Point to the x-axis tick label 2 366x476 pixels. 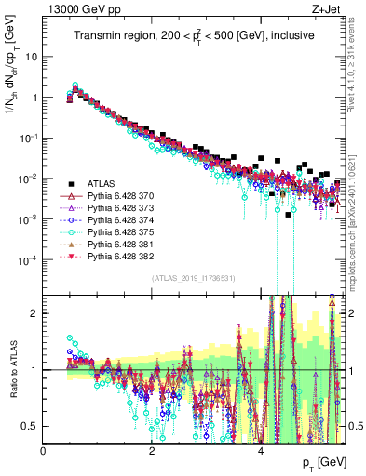[x=152, y=450]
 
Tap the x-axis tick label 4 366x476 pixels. [x=260, y=450]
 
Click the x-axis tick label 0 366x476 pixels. [x=43, y=450]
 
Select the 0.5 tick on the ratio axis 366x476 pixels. [x=31, y=426]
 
